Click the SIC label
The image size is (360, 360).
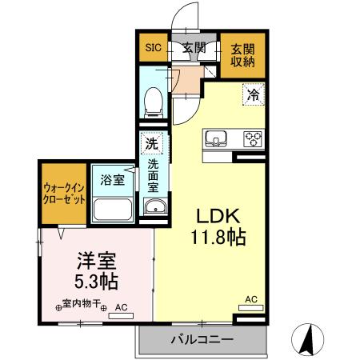[152, 48]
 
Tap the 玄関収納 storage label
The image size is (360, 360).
[242, 54]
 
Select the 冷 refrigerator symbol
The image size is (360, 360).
[253, 94]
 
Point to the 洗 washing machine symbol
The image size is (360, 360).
[151, 145]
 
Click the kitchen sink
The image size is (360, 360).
[217, 139]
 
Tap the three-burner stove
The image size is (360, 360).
[253, 139]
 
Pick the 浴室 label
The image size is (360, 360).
[112, 180]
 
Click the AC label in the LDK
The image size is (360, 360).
[251, 299]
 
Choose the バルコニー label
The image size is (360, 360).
[202, 339]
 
